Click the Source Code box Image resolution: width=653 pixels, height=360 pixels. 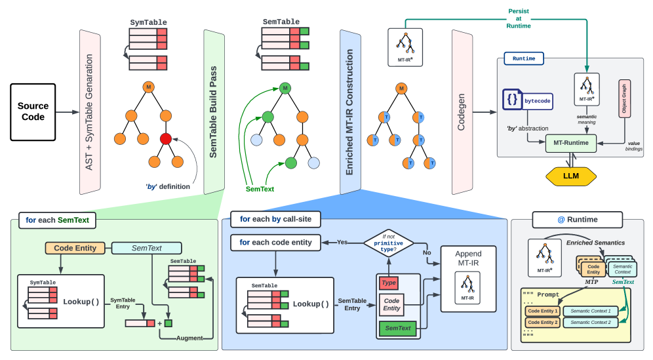[x=33, y=111]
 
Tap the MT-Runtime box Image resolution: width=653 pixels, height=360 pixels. [x=570, y=142]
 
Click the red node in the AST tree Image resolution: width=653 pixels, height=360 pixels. [x=166, y=139]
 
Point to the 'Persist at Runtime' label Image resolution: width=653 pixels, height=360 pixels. [x=519, y=18]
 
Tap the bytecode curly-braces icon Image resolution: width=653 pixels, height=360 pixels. [x=512, y=100]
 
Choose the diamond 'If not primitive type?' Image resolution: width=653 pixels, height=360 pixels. [x=393, y=242]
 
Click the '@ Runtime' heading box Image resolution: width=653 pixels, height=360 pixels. [x=568, y=220]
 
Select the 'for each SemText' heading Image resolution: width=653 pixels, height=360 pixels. [x=57, y=220]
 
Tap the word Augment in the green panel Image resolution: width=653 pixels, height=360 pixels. [x=189, y=338]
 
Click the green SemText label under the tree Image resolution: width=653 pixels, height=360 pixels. [x=260, y=189]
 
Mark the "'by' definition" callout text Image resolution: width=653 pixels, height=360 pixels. [x=168, y=186]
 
